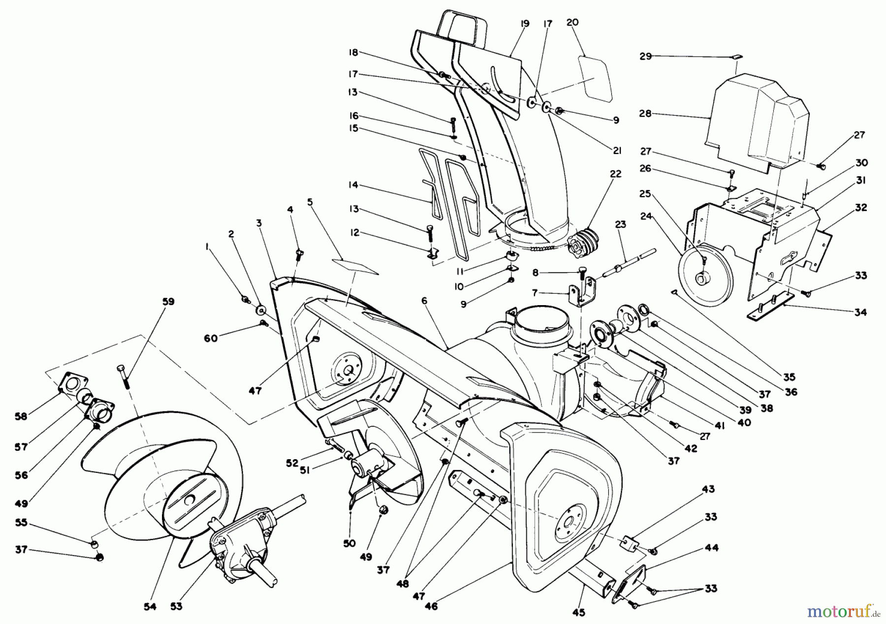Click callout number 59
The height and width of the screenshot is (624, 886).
[168, 302]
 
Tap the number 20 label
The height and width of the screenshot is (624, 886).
[572, 22]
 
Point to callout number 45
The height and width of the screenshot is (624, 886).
[579, 613]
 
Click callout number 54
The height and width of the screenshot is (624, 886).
[150, 607]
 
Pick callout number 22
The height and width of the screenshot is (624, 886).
[616, 174]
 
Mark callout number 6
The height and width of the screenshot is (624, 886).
[424, 301]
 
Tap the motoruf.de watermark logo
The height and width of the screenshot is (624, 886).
[843, 612]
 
